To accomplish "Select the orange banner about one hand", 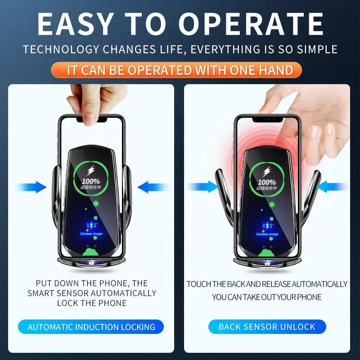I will pos(180,70).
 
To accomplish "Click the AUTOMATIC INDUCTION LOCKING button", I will pos(91,327).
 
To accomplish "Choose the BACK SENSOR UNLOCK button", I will pos(267,327).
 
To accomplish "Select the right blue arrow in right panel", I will pos(332,187).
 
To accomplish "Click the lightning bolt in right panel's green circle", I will pos(267,171).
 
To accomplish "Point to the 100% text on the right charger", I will pos(267,182).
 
